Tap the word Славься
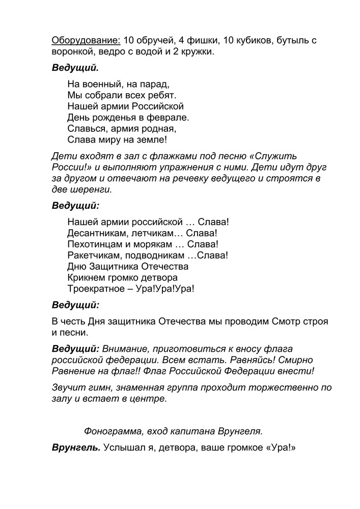pyautogui.click(x=87, y=129)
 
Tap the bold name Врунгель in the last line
pyautogui.click(x=75, y=448)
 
